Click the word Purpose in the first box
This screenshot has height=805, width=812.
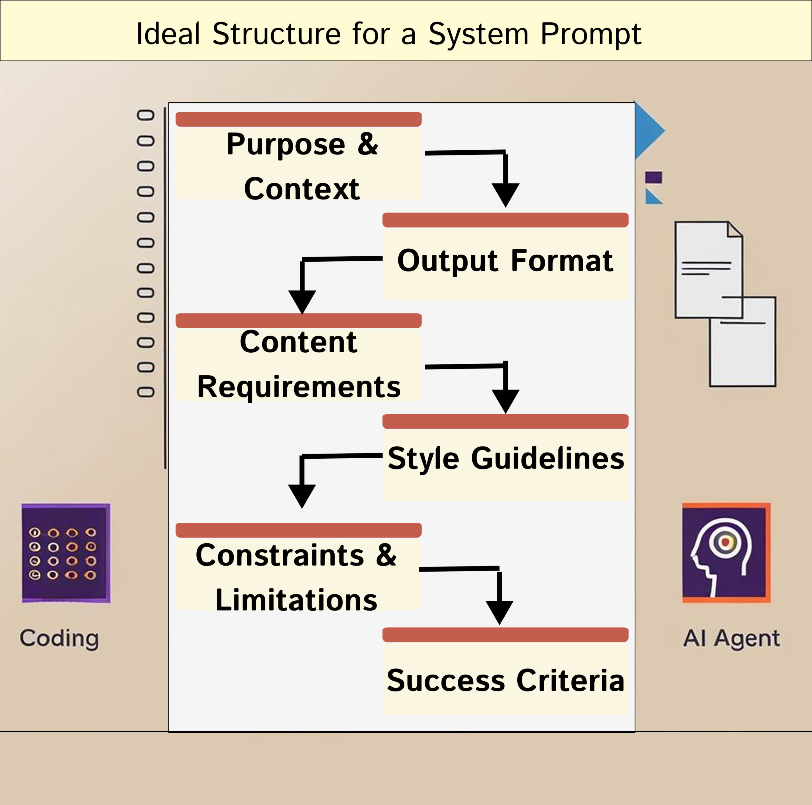[285, 145]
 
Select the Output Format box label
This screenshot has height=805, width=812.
[505, 261]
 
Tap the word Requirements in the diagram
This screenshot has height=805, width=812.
[299, 387]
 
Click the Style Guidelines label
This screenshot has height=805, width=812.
[506, 458]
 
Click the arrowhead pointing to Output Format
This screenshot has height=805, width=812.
[506, 194]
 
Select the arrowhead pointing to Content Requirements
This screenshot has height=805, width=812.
[302, 301]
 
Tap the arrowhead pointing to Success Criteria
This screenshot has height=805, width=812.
[499, 612]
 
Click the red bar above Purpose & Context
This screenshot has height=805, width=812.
[298, 119]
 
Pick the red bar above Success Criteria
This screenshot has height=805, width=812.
[505, 635]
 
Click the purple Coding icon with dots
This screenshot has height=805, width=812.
[66, 553]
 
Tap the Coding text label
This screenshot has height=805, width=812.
[59, 638]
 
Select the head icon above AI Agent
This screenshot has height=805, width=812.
[726, 553]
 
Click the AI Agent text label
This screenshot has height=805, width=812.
[731, 638]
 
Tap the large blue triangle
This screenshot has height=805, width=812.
[647, 131]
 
